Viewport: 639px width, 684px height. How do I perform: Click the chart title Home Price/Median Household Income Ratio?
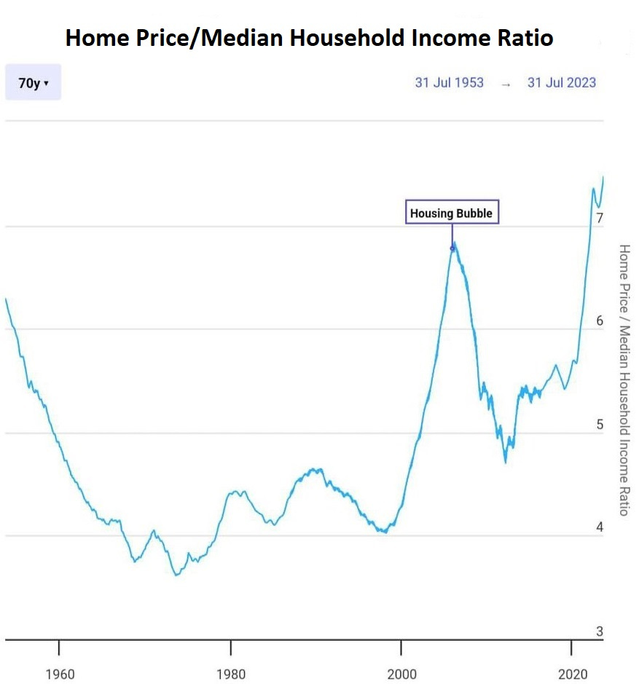click(309, 38)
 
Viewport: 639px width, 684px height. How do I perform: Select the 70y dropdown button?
click(33, 83)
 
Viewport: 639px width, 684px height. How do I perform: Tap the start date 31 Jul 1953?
click(449, 82)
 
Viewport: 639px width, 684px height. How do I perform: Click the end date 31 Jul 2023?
click(561, 82)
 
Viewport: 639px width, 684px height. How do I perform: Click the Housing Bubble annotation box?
click(452, 213)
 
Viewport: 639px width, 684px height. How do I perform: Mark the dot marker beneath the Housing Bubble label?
click(452, 248)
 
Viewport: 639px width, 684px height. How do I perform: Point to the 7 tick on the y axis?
click(599, 218)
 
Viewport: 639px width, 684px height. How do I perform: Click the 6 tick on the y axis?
click(599, 321)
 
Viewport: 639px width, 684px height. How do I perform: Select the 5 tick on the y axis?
click(599, 424)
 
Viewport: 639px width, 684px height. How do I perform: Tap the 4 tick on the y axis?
click(599, 527)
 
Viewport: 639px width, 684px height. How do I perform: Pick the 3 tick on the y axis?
click(599, 632)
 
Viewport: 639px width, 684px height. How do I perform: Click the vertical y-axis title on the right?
click(624, 380)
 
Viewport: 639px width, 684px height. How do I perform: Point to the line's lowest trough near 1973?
click(176, 575)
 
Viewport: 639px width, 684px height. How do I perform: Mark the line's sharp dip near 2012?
click(505, 462)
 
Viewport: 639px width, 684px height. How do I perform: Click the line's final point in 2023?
click(603, 177)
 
